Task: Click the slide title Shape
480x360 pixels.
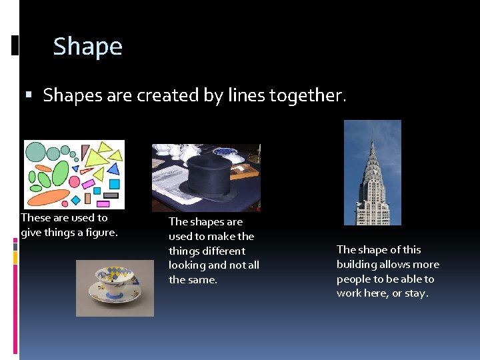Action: pyautogui.click(x=87, y=47)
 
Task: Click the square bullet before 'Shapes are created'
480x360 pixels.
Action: pyautogui.click(x=28, y=96)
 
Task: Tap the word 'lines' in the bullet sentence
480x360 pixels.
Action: pyautogui.click(x=246, y=96)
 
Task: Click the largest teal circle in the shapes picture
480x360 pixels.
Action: pyautogui.click(x=35, y=151)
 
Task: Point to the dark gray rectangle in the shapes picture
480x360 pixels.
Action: pyautogui.click(x=110, y=195)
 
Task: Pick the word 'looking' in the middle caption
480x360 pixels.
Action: pyautogui.click(x=187, y=265)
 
